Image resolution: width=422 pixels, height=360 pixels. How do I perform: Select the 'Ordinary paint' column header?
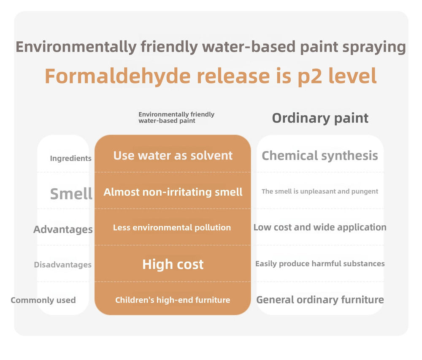click(x=320, y=119)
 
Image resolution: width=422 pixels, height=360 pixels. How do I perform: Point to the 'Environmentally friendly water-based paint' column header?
click(x=176, y=118)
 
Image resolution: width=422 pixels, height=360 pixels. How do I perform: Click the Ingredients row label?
click(x=71, y=158)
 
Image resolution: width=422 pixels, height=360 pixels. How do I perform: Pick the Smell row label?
click(x=71, y=194)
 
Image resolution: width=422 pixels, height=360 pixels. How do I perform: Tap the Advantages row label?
click(x=63, y=230)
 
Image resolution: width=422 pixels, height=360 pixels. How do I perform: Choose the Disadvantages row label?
click(x=63, y=265)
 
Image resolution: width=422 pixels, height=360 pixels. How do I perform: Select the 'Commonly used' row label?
click(x=43, y=300)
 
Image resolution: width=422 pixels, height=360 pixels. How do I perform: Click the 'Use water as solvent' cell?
click(x=173, y=156)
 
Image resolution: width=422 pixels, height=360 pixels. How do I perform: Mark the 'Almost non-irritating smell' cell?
click(x=173, y=192)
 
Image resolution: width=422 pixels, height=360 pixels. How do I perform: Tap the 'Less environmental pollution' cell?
click(x=172, y=227)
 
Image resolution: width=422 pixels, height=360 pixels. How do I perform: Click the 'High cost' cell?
click(x=173, y=264)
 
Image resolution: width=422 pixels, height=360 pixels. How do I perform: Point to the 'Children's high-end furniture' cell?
click(x=173, y=300)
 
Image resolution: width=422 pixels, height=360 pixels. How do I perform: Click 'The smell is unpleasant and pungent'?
click(x=320, y=192)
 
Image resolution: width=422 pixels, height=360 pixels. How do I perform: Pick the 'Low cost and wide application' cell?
click(x=320, y=227)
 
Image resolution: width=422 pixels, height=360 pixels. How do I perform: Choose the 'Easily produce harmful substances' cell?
click(x=320, y=264)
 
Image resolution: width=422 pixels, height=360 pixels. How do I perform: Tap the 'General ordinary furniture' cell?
click(x=320, y=300)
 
